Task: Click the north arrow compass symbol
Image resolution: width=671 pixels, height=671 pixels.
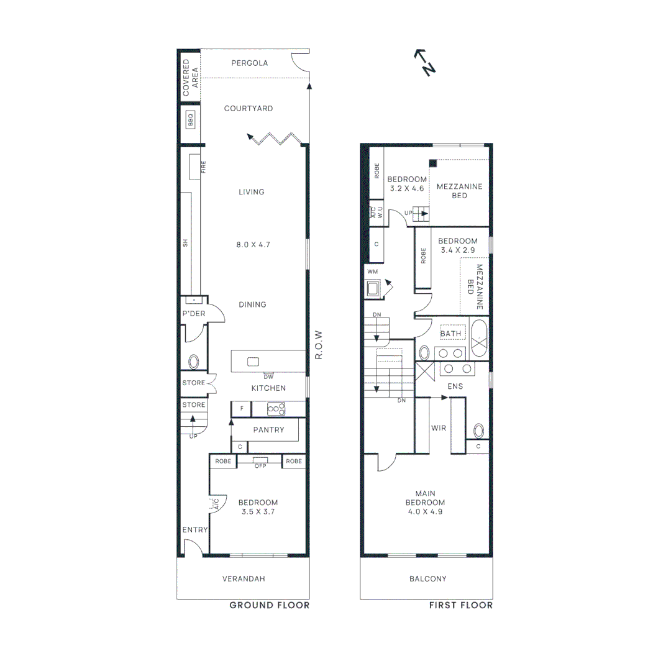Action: [x=424, y=62]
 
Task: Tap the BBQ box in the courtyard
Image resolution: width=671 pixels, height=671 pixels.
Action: [x=191, y=119]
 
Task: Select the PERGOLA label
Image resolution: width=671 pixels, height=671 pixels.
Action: [x=249, y=63]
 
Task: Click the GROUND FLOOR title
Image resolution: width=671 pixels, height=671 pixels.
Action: [x=269, y=605]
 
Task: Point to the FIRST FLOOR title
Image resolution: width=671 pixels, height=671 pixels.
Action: [x=460, y=605]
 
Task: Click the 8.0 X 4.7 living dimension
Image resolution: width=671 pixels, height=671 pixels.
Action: [x=252, y=245]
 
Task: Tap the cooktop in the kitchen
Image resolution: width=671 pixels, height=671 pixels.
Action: [x=276, y=409]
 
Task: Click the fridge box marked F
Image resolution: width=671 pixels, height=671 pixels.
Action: [x=240, y=409]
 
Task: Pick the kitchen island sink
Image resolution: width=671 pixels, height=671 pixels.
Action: [x=252, y=362]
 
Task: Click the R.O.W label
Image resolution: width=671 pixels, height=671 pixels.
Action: [x=318, y=344]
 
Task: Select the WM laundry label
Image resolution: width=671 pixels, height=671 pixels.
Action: [x=372, y=272]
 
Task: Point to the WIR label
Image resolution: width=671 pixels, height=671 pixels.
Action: [x=439, y=428]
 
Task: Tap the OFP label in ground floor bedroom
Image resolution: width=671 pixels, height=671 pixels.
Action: [x=260, y=466]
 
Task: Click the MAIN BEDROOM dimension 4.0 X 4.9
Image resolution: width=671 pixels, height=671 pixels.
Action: [x=425, y=512]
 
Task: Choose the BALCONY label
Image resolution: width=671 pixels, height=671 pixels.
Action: [x=427, y=579]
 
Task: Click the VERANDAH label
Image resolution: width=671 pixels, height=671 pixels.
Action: [x=244, y=579]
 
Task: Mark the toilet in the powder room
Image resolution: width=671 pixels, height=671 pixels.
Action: [x=193, y=362]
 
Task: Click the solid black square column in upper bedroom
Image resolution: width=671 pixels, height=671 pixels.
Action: [x=432, y=163]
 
